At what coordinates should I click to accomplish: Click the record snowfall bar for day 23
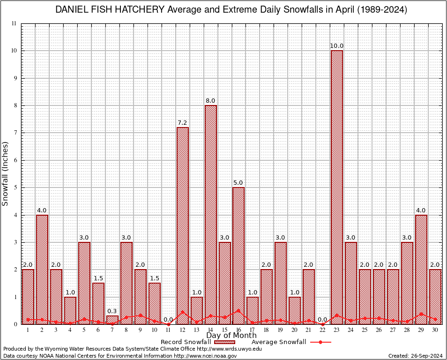point(337,187)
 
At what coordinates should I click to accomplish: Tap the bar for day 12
point(182,225)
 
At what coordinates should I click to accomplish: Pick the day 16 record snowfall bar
point(238,255)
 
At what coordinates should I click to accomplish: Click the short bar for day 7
point(112,320)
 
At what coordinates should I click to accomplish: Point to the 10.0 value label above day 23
point(337,46)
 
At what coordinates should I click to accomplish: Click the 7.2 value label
point(182,123)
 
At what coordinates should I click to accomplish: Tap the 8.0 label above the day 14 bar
point(210,101)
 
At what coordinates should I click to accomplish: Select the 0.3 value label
point(112,311)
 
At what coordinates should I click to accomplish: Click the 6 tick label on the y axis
point(15,160)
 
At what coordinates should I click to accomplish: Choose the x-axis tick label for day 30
point(435,330)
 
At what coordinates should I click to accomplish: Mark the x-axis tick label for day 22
point(323,330)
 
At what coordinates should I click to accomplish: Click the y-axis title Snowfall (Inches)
point(6,173)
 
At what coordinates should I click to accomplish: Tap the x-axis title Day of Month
point(231,336)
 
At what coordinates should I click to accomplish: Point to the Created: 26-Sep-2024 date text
point(415,356)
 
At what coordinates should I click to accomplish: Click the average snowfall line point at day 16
point(238,310)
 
